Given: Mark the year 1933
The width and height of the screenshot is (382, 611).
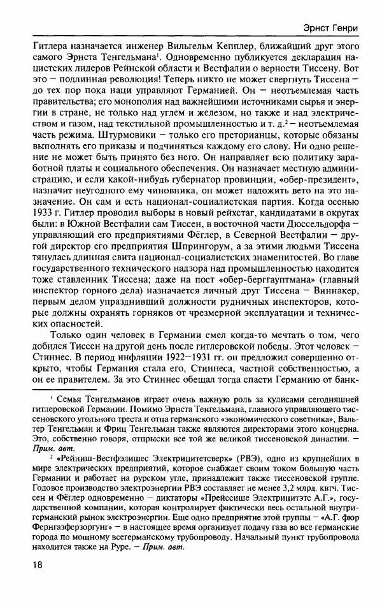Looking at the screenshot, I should tap(34, 247).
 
